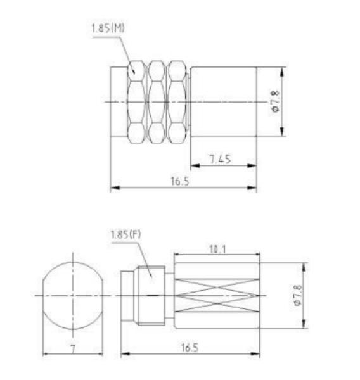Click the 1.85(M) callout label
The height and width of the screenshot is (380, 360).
coord(108,28)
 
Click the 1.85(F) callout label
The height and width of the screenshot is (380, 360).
coord(125,234)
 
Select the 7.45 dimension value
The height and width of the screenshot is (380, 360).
coord(221,159)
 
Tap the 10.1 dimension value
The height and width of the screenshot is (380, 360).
coord(217,249)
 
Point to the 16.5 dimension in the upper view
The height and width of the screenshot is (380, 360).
coord(180,181)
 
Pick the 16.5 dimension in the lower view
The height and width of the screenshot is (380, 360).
coord(190,348)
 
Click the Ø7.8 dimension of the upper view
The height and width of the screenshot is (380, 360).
coord(276,101)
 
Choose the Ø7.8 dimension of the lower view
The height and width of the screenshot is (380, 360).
coord(298,295)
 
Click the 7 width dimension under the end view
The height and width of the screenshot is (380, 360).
coord(73,349)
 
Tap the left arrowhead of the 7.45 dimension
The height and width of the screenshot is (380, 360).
coord(195,165)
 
